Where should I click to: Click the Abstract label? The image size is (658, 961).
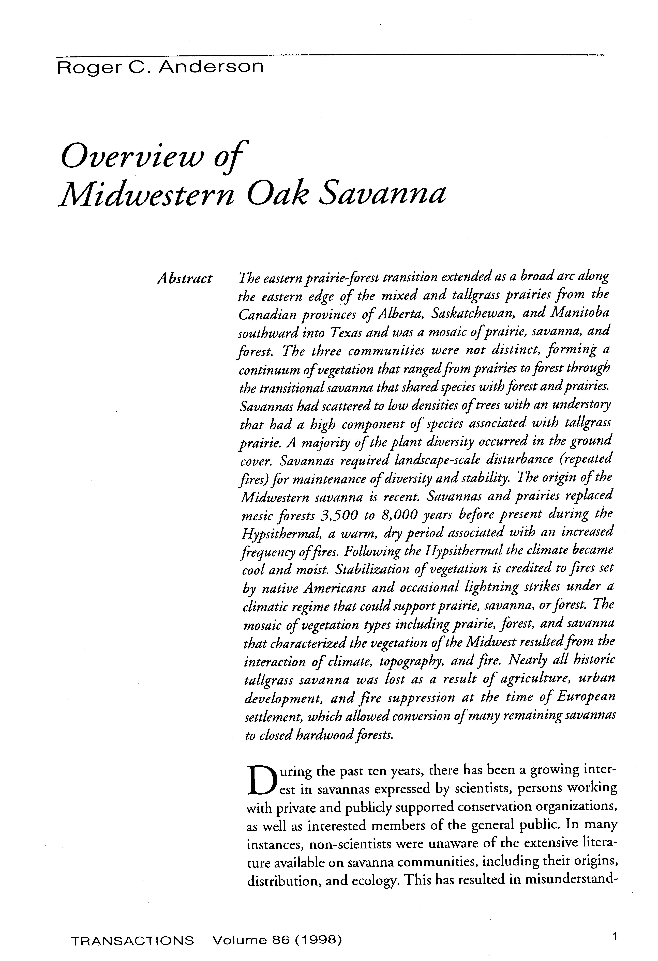184,278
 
